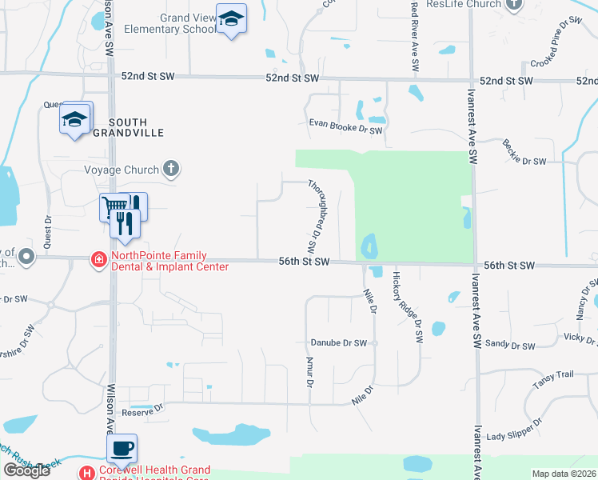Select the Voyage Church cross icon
(x=169, y=169)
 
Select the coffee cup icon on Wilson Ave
(x=122, y=449)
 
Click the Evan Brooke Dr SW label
(x=347, y=125)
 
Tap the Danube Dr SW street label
(x=339, y=342)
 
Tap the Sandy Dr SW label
(x=510, y=345)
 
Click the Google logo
(x=26, y=470)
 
